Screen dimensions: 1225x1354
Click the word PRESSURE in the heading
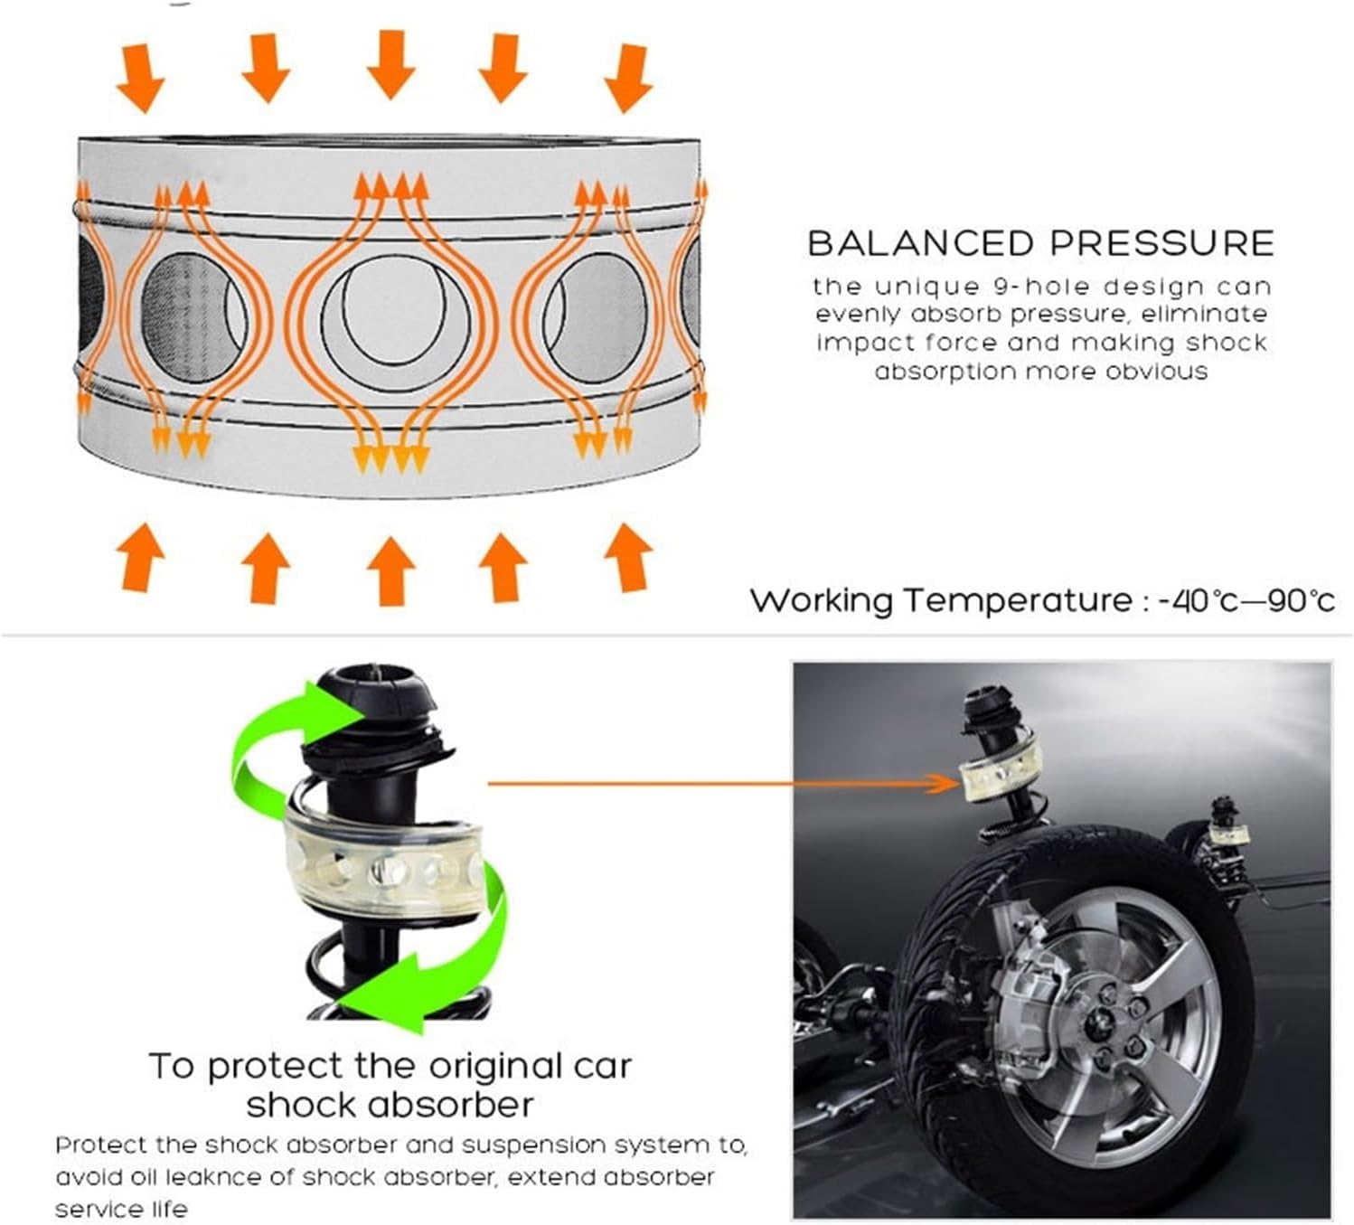(1161, 244)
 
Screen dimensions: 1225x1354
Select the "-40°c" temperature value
(1199, 601)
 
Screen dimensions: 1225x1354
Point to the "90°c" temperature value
(1301, 601)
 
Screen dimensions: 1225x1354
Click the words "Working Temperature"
(940, 601)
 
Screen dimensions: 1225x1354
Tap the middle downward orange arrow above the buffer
(390, 63)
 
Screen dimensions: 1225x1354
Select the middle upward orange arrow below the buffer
(390, 570)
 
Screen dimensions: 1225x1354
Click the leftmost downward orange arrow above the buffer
(141, 78)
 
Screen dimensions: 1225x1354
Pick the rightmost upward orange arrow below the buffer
(627, 557)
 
